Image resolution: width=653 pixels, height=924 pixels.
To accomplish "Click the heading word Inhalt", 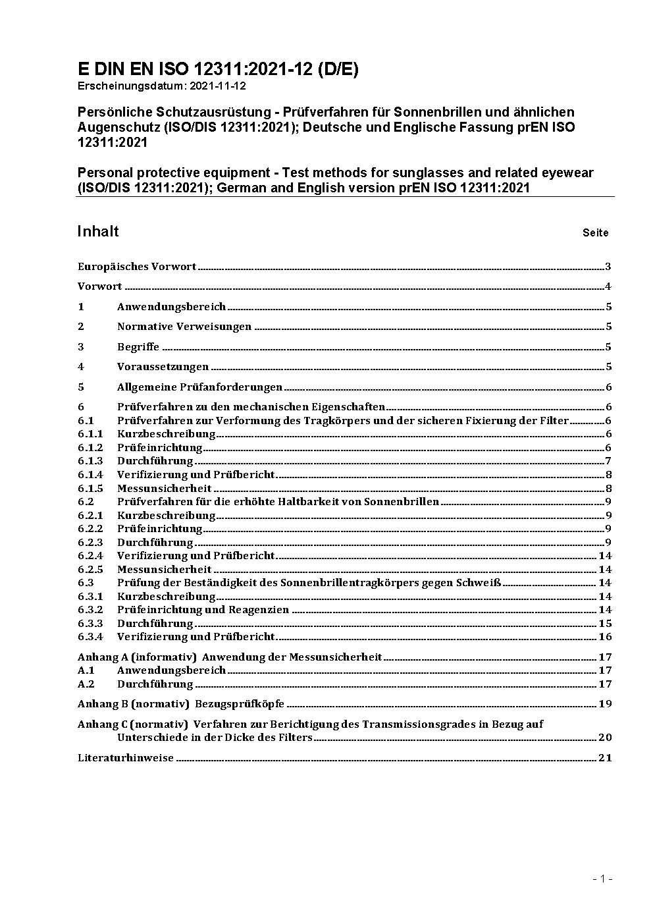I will coord(98,231).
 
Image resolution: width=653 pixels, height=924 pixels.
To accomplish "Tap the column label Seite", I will coord(595,232).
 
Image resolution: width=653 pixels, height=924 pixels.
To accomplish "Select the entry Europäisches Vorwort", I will coord(137,267).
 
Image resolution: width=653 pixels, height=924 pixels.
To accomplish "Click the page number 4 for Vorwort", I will coord(608,286).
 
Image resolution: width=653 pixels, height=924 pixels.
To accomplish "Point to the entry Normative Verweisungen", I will coord(184,327).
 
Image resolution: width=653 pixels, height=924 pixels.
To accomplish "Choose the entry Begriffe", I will coord(138,347).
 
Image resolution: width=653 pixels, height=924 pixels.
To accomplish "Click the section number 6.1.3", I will coord(90,461).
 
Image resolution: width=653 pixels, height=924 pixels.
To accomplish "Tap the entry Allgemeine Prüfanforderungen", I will coord(199,387).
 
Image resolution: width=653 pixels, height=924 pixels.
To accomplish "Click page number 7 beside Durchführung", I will coord(608,461).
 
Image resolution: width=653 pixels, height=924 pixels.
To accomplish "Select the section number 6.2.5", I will coord(90,569).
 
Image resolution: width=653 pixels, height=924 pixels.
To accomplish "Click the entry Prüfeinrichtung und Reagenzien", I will coord(203,610).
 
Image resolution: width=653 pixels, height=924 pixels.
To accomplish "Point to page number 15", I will coord(605,623).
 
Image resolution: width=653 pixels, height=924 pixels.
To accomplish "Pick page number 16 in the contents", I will coord(605,637).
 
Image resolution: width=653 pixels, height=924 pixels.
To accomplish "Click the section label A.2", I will coord(86,684).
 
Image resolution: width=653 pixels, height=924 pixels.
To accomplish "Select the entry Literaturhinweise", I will coord(126,757).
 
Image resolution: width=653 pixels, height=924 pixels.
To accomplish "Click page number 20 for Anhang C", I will coord(605,738).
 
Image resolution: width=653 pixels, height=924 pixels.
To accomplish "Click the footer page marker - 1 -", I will coord(603,879).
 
